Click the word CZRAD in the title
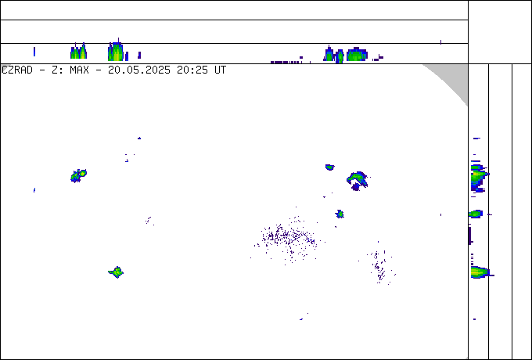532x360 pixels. [17, 70]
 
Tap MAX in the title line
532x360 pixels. [79, 70]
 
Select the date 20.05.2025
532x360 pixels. [139, 70]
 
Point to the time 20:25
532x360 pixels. [192, 70]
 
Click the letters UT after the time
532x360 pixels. [220, 70]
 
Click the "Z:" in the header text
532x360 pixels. [56, 70]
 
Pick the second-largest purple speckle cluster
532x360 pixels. [380, 266]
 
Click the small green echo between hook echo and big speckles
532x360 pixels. [340, 214]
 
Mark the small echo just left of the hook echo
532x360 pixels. [329, 167]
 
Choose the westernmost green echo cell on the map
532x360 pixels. [78, 176]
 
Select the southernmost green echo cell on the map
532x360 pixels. [116, 272]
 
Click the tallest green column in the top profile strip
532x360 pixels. [116, 51]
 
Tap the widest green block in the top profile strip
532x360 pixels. [357, 54]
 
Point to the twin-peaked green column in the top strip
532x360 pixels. [79, 52]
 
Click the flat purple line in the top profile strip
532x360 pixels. [285, 63]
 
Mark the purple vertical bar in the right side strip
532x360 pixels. [470, 236]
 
